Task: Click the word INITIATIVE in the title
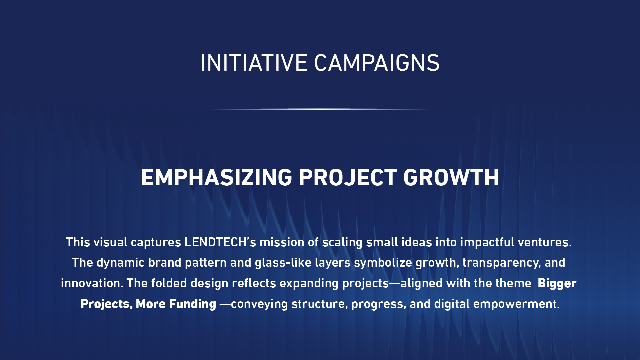click(254, 63)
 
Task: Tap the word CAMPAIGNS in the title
click(377, 63)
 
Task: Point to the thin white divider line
click(320, 109)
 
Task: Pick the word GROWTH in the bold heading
click(451, 177)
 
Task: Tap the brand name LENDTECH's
click(220, 242)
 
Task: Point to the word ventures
click(544, 242)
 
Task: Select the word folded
click(169, 283)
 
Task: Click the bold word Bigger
click(557, 284)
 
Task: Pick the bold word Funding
click(193, 304)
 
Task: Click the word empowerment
click(516, 304)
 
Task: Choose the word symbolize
click(383, 263)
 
